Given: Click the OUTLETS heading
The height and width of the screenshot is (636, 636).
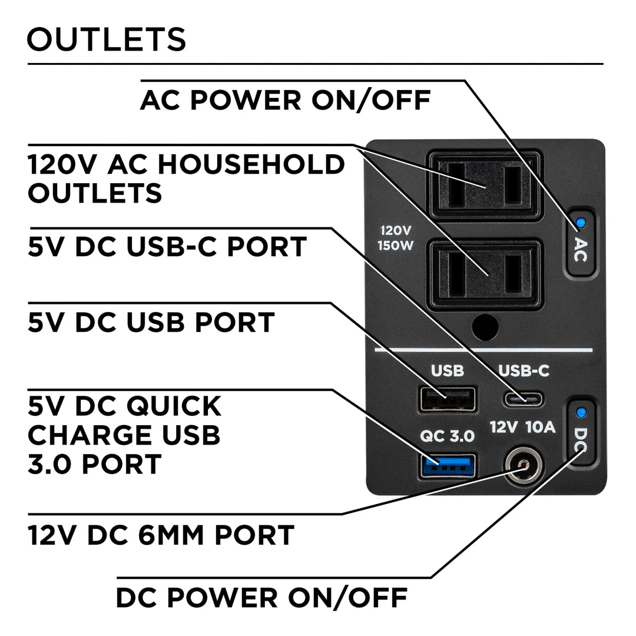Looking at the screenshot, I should [107, 39].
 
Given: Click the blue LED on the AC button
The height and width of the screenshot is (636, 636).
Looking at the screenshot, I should [581, 223].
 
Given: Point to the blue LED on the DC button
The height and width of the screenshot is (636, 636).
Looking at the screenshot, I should [582, 412].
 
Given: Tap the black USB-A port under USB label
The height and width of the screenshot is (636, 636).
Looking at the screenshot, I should [448, 400].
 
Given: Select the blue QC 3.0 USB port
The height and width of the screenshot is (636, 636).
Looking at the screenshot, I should [448, 465].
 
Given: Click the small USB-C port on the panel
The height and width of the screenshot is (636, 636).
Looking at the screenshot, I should [524, 399].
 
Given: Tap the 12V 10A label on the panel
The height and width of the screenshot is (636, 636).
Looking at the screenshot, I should [523, 428].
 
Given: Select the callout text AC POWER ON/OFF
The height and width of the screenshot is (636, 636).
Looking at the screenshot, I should [286, 100].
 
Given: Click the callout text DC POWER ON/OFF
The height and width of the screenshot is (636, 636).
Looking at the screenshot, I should [261, 598].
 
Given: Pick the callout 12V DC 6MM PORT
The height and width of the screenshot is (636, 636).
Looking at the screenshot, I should [161, 535].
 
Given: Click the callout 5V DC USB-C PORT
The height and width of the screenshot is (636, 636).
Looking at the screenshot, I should [167, 247].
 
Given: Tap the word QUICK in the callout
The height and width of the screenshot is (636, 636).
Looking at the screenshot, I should [174, 406].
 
